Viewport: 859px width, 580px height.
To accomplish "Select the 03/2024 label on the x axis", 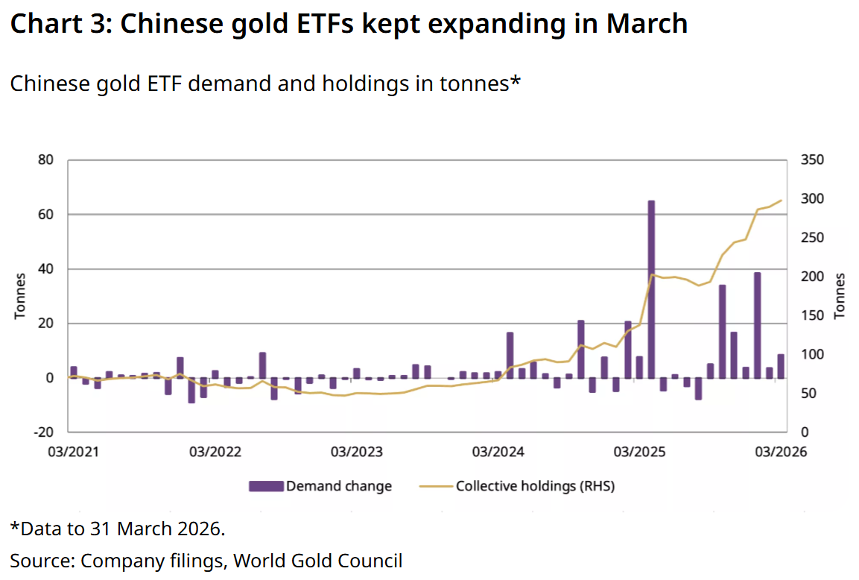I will tap(498, 452).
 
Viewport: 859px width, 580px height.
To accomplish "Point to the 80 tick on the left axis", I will tap(46, 160).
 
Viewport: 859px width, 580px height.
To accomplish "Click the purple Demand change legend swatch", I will tap(266, 486).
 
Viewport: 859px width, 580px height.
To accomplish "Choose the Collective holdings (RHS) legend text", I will tap(535, 486).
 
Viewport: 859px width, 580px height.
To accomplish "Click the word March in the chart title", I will tap(647, 24).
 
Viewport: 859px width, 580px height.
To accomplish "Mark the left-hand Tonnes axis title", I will tap(20, 296).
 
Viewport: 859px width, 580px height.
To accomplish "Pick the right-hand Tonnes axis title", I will tap(840, 296).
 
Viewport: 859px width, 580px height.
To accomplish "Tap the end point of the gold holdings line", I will tap(781, 200).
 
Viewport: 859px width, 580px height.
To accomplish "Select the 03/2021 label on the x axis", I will tap(69, 452).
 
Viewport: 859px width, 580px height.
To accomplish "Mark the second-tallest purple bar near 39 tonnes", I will tap(757, 325).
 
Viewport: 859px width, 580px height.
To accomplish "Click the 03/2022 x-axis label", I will tap(212, 452).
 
